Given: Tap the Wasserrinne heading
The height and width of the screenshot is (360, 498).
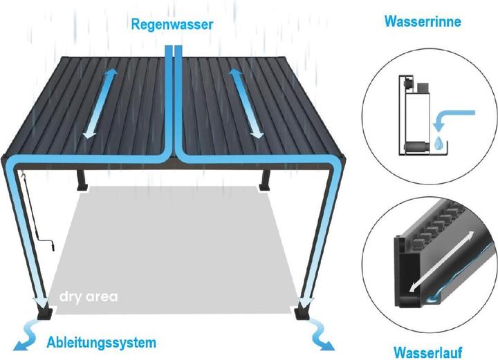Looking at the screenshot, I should tap(422, 22).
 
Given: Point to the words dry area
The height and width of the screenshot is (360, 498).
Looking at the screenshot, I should tap(89, 298).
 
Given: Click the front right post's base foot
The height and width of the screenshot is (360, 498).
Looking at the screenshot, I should tap(303, 312).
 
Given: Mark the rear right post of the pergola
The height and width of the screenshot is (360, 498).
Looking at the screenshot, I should tap(264, 179).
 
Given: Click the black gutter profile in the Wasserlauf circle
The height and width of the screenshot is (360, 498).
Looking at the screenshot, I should tap(408, 269).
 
